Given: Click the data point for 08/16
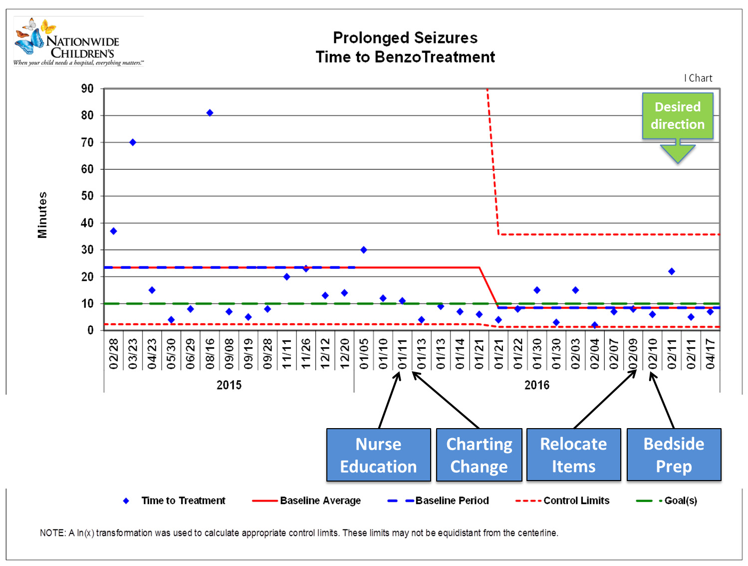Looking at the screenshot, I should pos(210,113).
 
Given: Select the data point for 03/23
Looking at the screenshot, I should pos(133,142).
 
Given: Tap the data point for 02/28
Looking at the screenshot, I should pos(113,231).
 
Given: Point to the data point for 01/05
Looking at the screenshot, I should pos(364,250).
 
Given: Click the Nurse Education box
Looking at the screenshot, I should pos(378,455).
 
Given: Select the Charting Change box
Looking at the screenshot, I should pos(479,455).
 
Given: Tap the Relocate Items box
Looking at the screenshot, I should pos(573,455).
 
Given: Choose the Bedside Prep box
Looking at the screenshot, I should pos(674,455).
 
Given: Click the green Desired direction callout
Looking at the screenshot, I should pos(677,116).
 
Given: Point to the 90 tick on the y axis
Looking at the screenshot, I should pos(87,89).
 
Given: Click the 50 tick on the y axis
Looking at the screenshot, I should pos(87,196).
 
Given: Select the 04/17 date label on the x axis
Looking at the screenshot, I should pos(710,354).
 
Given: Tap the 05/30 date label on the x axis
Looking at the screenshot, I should pos(171,354).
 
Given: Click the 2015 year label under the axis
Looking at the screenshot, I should pos(229,385).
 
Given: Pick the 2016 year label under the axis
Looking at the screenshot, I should pos(537,385).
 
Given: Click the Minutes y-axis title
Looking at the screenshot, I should pos(42,215).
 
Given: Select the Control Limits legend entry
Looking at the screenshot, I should pos(576,501).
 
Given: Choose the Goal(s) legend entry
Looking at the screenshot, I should pos(680,501).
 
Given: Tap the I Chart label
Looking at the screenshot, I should pos(698,78).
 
